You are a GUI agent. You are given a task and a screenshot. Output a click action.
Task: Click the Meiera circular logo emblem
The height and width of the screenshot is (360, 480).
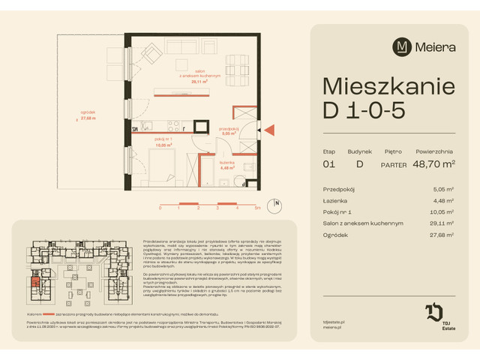pos(403,46)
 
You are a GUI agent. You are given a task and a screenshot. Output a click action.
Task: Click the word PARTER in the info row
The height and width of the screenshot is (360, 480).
pos(394,164)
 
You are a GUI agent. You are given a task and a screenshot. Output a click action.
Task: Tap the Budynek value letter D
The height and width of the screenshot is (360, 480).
pos(359,164)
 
